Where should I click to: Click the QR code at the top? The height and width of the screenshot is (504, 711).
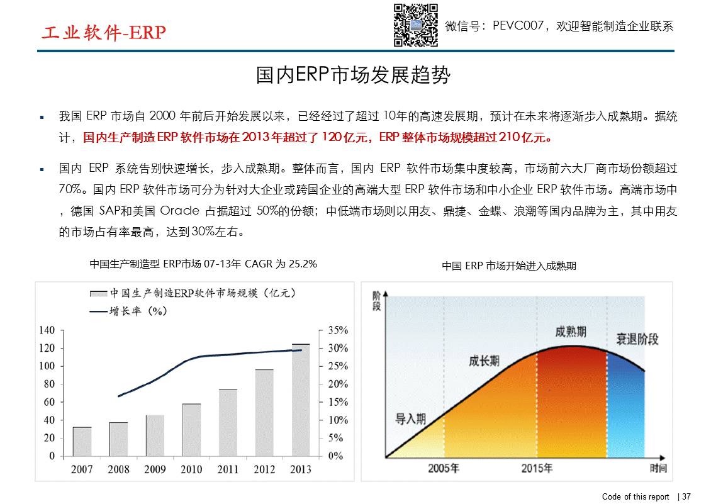coord(415,25)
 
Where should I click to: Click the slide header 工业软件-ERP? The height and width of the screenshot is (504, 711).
coord(103,33)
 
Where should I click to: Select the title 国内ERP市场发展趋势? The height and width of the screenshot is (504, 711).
coord(354,76)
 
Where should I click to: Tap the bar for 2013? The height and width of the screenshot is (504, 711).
coord(301,400)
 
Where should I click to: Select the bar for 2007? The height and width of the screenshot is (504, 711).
coord(82,441)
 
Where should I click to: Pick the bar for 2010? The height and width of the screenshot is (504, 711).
coord(191,430)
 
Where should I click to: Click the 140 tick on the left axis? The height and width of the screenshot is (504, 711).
coord(47,330)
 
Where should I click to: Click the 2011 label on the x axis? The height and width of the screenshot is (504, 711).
coord(228,469)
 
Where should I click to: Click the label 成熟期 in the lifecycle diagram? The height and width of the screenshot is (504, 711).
coord(571,332)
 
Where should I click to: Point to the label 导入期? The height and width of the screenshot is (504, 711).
coord(410,418)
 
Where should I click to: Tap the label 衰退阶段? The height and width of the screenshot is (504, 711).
coord(637,339)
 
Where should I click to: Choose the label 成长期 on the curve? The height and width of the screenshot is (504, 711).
coord(484,361)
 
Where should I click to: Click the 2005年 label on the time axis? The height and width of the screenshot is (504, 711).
coord(444,468)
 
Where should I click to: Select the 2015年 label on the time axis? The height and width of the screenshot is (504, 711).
coord(537,468)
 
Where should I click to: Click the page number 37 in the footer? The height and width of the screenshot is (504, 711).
coord(686,496)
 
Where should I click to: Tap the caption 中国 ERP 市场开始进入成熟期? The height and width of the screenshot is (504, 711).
coord(509,266)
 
